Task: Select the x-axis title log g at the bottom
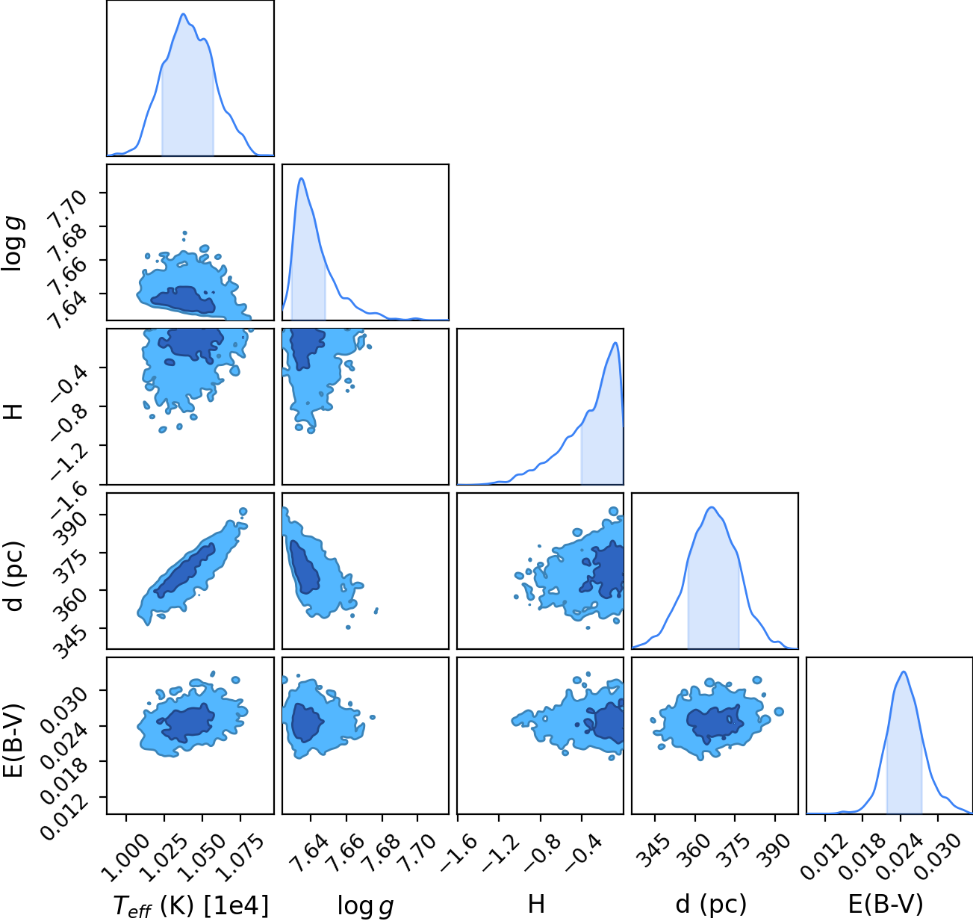(365, 905)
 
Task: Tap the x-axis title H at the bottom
(536, 904)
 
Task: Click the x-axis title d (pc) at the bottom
(711, 905)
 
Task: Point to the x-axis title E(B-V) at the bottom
(886, 904)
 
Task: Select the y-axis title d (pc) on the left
(14, 576)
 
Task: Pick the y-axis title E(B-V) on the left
(14, 740)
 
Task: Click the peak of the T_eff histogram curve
(183, 14)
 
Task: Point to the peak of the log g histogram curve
(301, 179)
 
